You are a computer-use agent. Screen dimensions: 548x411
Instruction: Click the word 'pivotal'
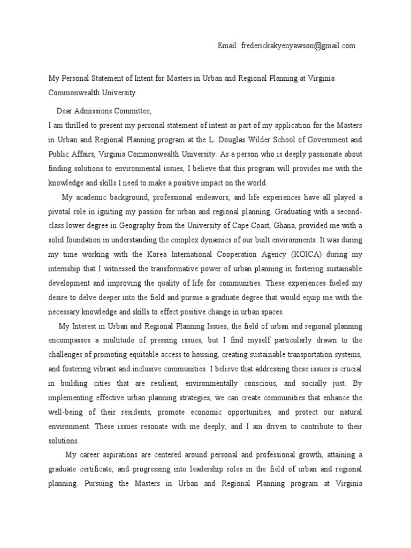click(x=58, y=211)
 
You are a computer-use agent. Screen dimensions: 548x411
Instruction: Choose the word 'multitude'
click(x=138, y=340)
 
